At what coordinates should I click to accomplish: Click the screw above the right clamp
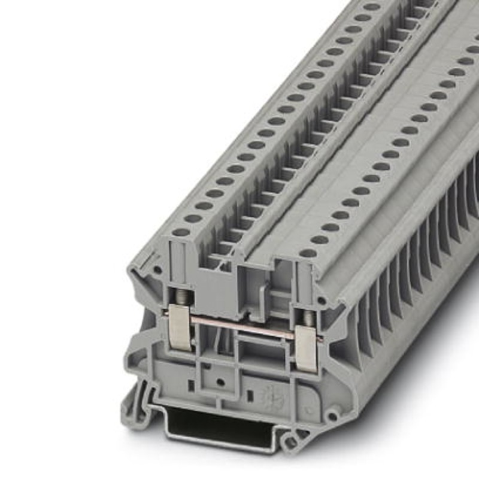(x=308, y=318)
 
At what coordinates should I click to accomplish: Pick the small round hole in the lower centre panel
(x=220, y=381)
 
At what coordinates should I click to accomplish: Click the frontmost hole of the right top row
(x=308, y=253)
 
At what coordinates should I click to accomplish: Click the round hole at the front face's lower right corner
(x=331, y=416)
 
